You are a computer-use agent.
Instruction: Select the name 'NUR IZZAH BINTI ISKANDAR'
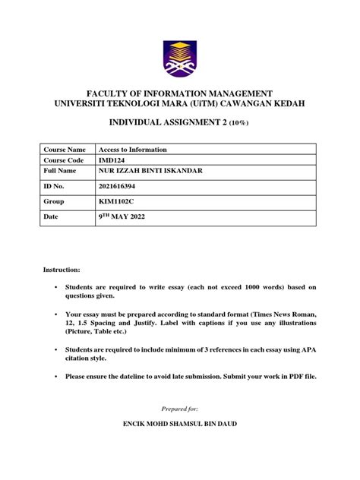(x=153, y=172)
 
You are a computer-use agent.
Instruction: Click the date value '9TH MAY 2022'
(x=122, y=217)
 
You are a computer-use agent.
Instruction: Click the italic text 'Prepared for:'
(x=180, y=409)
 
